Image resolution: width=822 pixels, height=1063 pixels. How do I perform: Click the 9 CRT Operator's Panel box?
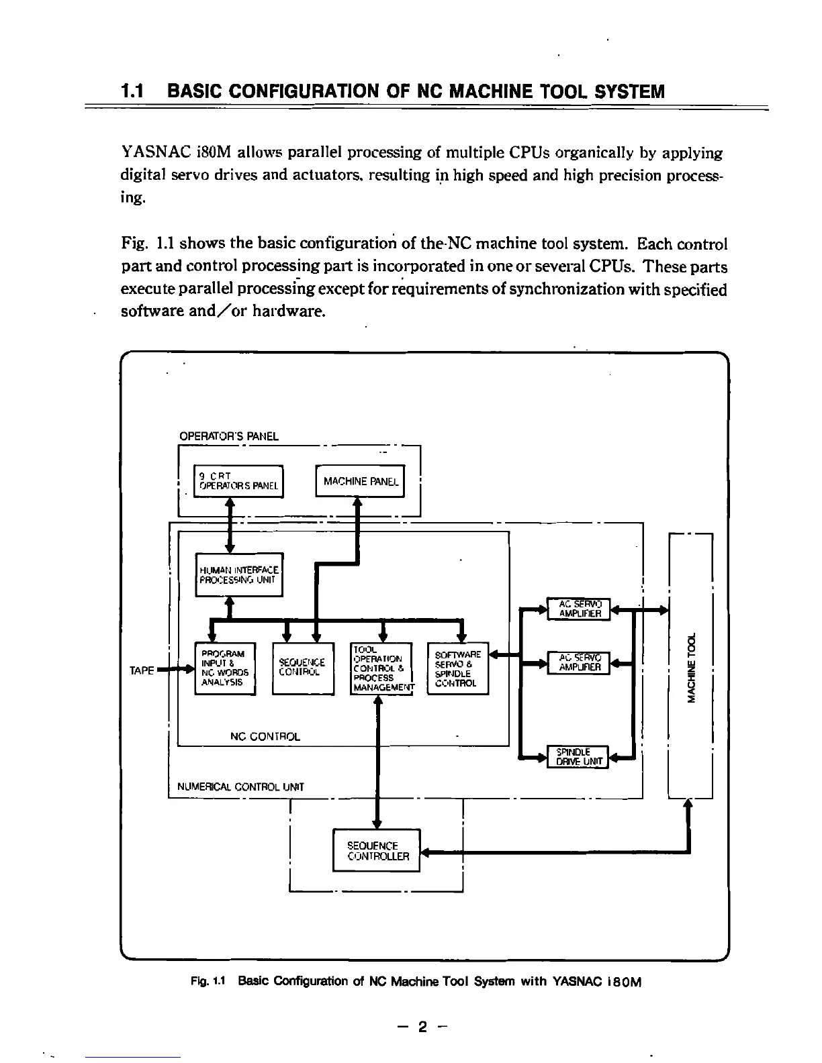238,481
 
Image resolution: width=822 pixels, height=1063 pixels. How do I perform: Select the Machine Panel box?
360,481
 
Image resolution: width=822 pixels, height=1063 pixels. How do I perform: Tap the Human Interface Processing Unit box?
238,574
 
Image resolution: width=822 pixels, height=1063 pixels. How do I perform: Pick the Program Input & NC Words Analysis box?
225,668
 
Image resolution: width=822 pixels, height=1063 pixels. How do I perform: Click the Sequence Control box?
302,668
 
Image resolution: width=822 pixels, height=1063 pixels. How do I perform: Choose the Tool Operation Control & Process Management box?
381,668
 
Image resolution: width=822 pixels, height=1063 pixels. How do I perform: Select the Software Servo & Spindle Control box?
457,668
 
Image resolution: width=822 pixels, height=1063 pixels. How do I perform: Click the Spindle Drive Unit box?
578,756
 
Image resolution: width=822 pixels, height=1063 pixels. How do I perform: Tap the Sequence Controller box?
376,851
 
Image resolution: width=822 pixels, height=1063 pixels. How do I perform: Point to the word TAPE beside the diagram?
142,670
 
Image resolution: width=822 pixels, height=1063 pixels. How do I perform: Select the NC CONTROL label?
265,736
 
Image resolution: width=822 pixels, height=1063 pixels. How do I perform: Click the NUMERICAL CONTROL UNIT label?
240,787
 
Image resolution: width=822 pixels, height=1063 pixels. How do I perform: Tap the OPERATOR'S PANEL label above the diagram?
228,436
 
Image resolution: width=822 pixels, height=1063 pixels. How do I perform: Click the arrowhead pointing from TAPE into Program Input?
189,669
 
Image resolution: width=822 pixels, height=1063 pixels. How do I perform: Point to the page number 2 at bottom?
422,1027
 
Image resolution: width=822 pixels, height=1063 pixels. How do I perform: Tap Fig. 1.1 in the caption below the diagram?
210,982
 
